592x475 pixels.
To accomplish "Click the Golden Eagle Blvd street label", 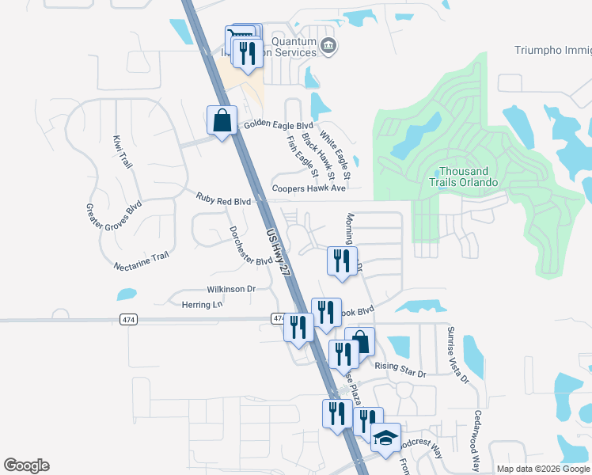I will pyautogui.click(x=279, y=126).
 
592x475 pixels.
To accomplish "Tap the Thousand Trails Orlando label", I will pyautogui.click(x=469, y=177).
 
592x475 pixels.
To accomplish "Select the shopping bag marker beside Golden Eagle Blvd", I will pyautogui.click(x=222, y=121).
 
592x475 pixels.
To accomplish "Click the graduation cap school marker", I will pyautogui.click(x=385, y=438).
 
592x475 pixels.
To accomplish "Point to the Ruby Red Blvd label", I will pyautogui.click(x=224, y=202).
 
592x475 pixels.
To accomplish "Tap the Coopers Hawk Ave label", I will pyautogui.click(x=309, y=188).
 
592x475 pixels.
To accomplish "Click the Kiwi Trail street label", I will pyautogui.click(x=121, y=150).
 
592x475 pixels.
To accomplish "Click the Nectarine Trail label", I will pyautogui.click(x=142, y=260).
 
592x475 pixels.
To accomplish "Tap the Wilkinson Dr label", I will pyautogui.click(x=231, y=290).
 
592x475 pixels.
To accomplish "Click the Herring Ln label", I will pyautogui.click(x=202, y=305).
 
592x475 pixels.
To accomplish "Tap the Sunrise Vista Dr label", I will pyautogui.click(x=457, y=355).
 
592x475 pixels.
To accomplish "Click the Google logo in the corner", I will pyautogui.click(x=26, y=465).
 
